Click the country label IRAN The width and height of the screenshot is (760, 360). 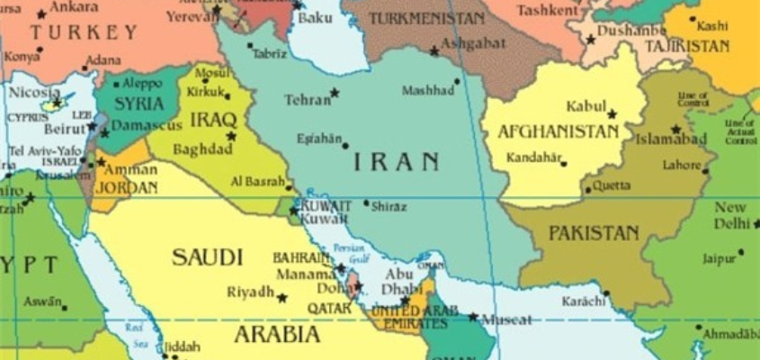pyautogui.click(x=396, y=162)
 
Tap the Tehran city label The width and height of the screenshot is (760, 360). pyautogui.click(x=308, y=100)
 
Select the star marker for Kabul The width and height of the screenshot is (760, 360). pyautogui.click(x=612, y=114)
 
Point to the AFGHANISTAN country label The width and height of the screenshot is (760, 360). pyautogui.click(x=559, y=132)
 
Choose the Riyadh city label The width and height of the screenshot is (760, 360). pyautogui.click(x=250, y=292)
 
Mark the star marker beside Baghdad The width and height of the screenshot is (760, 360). pyautogui.click(x=231, y=136)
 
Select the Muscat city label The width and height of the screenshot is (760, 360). pyautogui.click(x=506, y=319)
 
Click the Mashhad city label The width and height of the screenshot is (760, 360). pyautogui.click(x=427, y=91)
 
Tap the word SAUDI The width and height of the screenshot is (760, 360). pyautogui.click(x=207, y=257)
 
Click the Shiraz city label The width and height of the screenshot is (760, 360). pyautogui.click(x=389, y=206)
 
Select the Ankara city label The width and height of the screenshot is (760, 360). pyautogui.click(x=76, y=8)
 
